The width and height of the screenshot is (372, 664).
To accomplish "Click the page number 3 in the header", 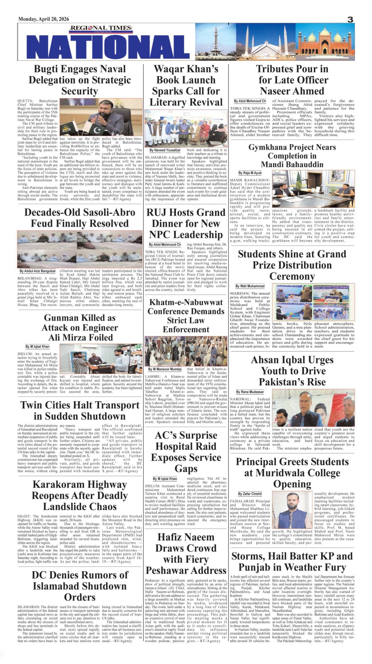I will click(350, 20).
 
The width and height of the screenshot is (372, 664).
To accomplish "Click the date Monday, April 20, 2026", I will click(43, 19).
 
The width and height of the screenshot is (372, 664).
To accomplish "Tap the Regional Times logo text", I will click(96, 28).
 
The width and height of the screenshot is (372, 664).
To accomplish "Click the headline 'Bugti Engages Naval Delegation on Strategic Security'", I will click(79, 80).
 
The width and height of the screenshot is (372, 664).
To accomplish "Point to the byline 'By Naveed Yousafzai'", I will click(165, 150).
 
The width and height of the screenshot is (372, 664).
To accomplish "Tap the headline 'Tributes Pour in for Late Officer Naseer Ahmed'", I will click(292, 80).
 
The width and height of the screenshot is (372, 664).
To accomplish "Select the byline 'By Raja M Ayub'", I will click(250, 173).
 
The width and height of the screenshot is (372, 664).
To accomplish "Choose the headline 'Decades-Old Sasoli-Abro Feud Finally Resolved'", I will click(79, 218).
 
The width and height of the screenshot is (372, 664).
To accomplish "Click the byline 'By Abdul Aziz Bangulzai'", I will click(38, 271).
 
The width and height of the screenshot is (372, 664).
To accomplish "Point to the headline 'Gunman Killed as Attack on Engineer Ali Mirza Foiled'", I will click(79, 327).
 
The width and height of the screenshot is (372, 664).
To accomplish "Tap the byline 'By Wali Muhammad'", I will click(250, 286).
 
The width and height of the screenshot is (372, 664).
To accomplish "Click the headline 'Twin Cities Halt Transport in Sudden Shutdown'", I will click(79, 410).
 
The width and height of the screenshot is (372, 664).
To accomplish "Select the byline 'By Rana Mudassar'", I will click(250, 392).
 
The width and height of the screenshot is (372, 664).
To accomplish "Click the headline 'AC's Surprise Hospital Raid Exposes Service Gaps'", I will click(186, 452).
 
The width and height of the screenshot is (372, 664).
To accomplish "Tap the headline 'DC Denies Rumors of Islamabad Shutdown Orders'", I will click(79, 586).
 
